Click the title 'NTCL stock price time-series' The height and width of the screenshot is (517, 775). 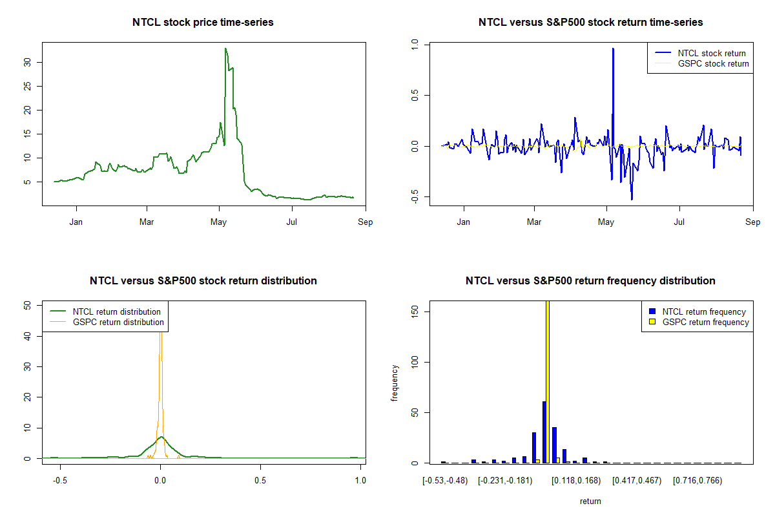click(x=203, y=23)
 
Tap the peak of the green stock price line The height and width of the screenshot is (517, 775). click(x=225, y=49)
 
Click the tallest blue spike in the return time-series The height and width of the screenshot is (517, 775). click(x=613, y=50)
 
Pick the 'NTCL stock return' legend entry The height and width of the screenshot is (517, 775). click(x=711, y=54)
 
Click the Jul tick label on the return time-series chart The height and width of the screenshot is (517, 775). click(x=679, y=222)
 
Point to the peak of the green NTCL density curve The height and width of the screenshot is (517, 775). click(x=160, y=438)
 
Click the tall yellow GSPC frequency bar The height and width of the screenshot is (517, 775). click(x=548, y=381)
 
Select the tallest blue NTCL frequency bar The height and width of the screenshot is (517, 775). click(x=544, y=432)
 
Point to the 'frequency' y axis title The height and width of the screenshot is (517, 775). click(x=395, y=383)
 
